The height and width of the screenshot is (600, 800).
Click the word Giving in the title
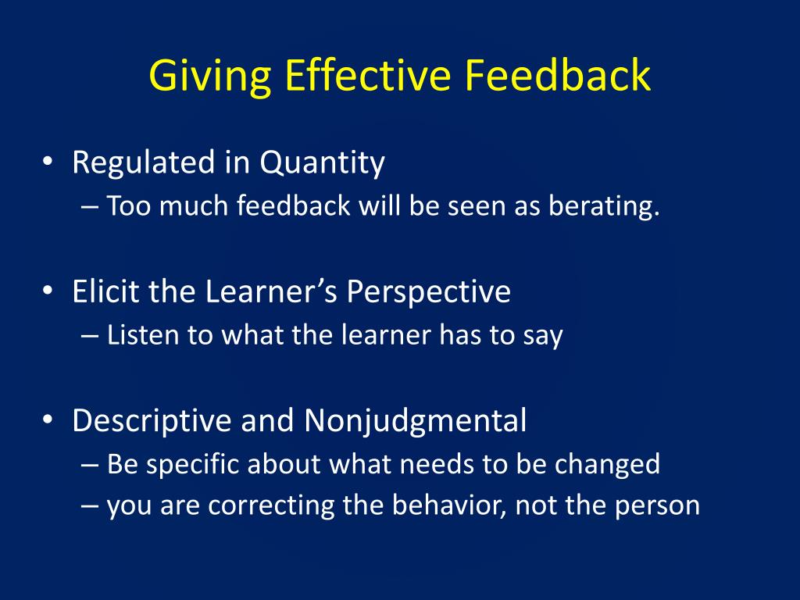pyautogui.click(x=209, y=76)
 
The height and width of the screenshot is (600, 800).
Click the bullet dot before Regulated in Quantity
pyautogui.click(x=48, y=161)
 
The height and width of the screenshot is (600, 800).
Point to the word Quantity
pyautogui.click(x=322, y=163)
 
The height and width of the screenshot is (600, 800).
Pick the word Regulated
pyautogui.click(x=144, y=163)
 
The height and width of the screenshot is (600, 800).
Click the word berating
pyautogui.click(x=604, y=206)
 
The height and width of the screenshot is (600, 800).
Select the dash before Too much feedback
pyautogui.click(x=89, y=207)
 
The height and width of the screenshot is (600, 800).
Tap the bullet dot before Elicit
pyautogui.click(x=48, y=291)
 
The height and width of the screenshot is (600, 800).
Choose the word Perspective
pyautogui.click(x=429, y=293)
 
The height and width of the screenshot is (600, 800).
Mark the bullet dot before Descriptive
pyautogui.click(x=48, y=420)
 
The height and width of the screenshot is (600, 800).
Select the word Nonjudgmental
pyautogui.click(x=415, y=422)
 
